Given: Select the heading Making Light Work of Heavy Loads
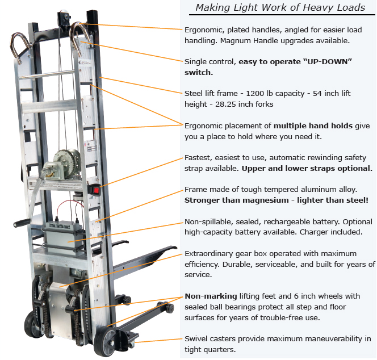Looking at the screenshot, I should pyautogui.click(x=280, y=7).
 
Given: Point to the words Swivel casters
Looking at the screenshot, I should pyautogui.click(x=210, y=338).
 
